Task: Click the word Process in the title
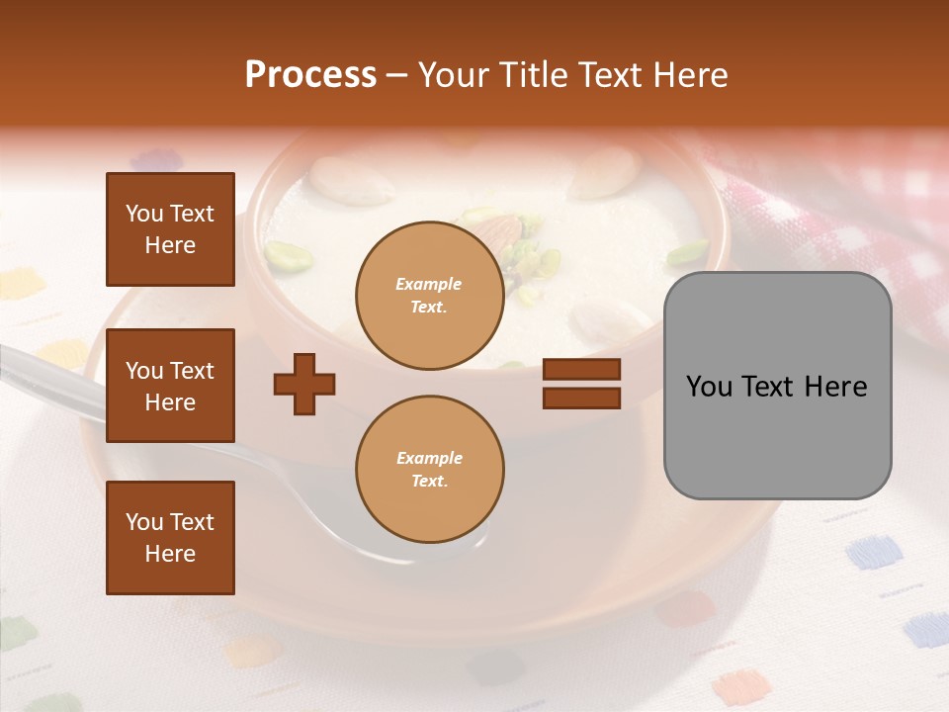[x=310, y=74]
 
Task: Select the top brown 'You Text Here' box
[x=170, y=229]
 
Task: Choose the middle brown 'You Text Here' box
[x=170, y=386]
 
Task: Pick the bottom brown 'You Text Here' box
[x=170, y=537]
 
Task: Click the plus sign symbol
[x=304, y=384]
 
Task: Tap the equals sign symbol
[x=581, y=384]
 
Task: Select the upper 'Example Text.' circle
[x=429, y=295]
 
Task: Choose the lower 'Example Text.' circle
[x=429, y=469]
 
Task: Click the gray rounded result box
[x=777, y=386]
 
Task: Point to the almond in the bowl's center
[x=502, y=233]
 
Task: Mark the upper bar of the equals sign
[x=581, y=370]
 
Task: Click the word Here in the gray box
[x=835, y=387]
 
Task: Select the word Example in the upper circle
[x=429, y=284]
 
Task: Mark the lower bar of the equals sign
[x=581, y=398]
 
